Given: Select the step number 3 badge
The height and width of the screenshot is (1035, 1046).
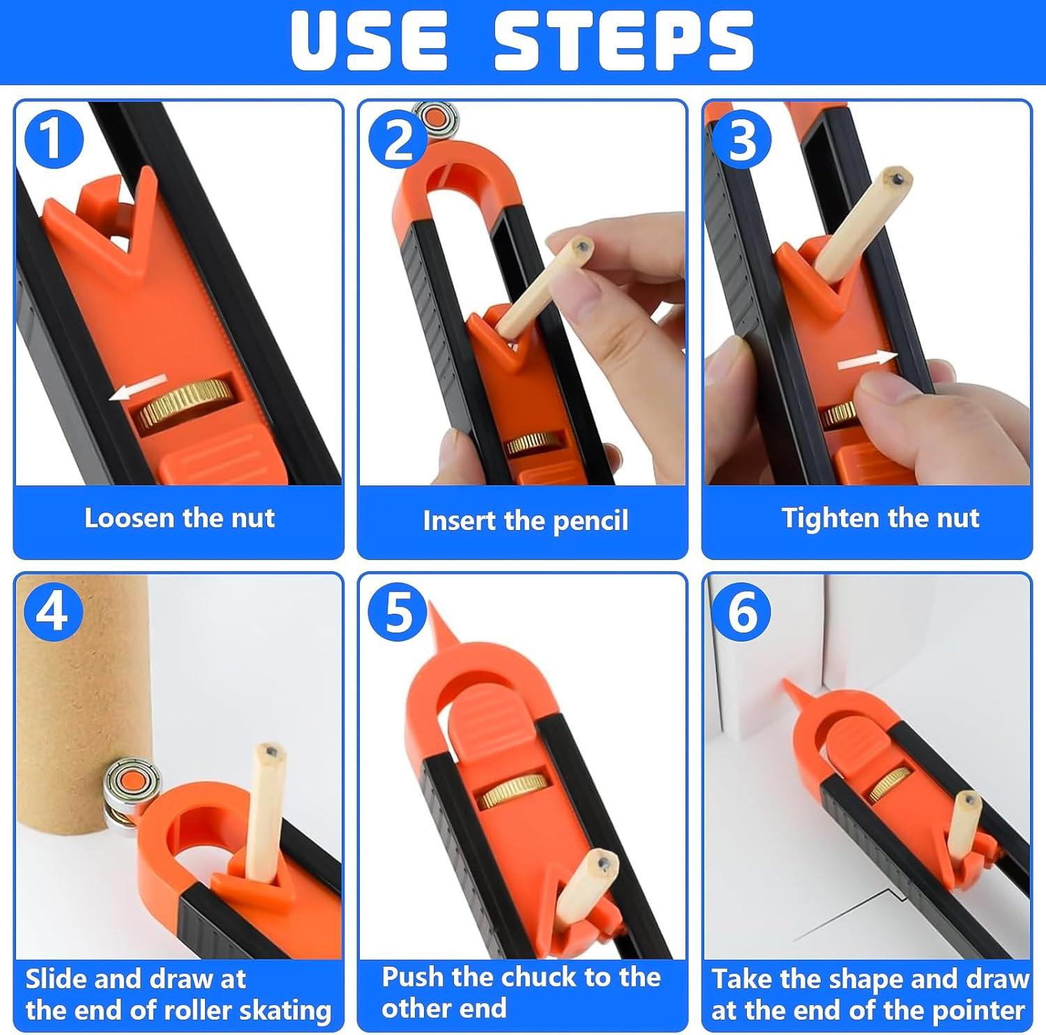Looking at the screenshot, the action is tap(742, 139).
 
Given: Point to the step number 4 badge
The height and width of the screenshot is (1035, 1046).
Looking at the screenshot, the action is tap(54, 612).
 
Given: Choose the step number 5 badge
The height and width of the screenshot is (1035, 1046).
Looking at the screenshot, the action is tap(398, 612).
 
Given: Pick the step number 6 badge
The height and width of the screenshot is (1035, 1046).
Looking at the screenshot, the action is tap(742, 612).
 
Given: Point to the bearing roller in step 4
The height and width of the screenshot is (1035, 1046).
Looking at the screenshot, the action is tap(131, 790).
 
